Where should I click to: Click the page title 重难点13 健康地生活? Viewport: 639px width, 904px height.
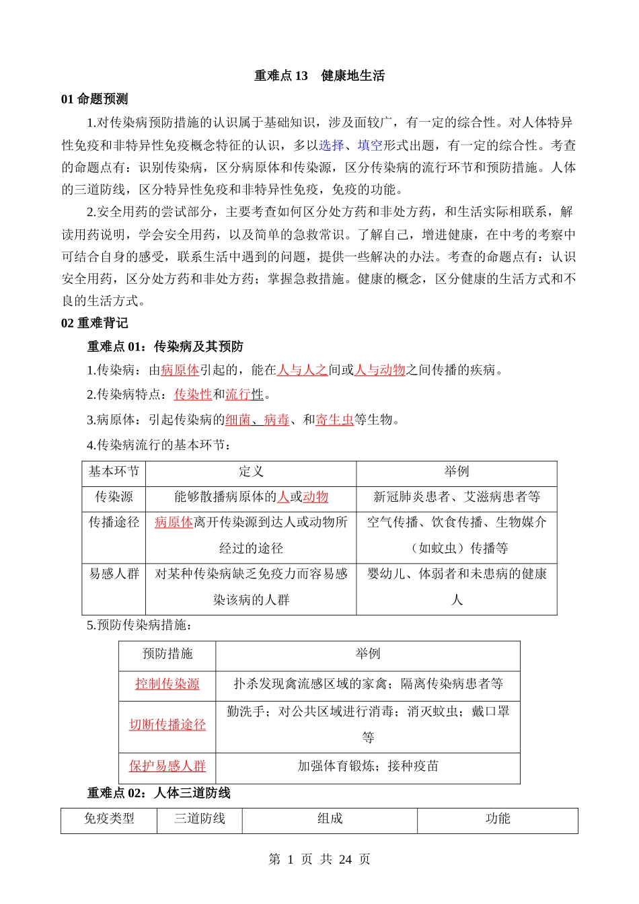(319, 76)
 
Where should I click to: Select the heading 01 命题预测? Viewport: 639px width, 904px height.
(94, 100)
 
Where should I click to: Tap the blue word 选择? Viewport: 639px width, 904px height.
(331, 145)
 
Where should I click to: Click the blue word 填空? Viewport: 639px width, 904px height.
(369, 145)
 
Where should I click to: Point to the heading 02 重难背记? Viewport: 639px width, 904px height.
(94, 324)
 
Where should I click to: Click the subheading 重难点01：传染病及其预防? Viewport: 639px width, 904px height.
(165, 347)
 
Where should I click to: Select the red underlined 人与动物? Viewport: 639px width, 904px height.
(379, 370)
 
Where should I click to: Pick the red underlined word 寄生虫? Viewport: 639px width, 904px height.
(334, 420)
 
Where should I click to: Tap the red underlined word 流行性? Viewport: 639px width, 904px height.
(244, 395)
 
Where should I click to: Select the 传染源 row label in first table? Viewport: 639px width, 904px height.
(114, 497)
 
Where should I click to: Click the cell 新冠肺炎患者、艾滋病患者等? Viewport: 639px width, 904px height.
(457, 497)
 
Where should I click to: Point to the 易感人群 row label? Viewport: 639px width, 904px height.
(114, 574)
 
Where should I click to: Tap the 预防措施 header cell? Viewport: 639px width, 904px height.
(167, 654)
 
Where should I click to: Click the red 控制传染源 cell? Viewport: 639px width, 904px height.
(167, 684)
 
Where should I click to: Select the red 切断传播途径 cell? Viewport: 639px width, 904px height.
(167, 725)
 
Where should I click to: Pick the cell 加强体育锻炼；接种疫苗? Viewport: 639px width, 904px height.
(368, 766)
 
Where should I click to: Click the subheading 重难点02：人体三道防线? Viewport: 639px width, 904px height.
(159, 794)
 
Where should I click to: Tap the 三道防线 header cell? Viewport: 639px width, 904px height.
(200, 819)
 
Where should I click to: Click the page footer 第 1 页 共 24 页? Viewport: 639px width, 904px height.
(319, 860)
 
